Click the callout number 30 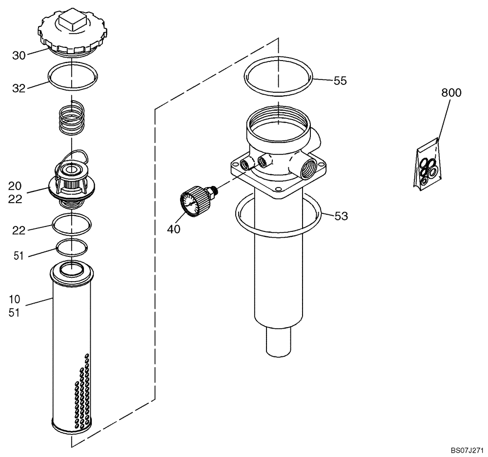19,56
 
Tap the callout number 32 19,88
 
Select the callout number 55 340,81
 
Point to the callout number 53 341,216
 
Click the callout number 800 451,93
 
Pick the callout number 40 174,228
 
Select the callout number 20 15,186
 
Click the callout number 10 14,299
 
